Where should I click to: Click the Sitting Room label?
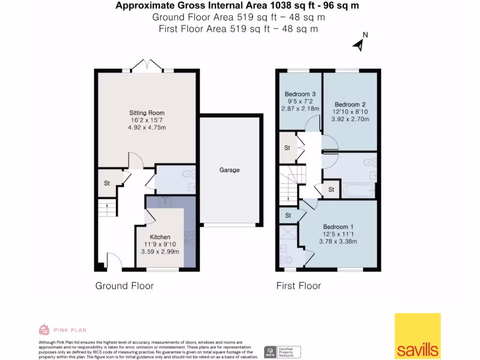pos(147,113)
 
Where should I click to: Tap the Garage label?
pos(229,170)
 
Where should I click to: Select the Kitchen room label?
pos(160,237)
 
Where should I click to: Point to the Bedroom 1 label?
pos(336,227)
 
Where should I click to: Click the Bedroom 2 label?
pos(350,105)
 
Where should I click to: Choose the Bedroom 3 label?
pos(300,94)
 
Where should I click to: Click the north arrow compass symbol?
pos(360,43)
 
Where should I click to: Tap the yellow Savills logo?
pos(417,336)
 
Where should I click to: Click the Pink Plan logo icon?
pos(44,330)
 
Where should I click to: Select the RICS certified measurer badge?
pos(282,352)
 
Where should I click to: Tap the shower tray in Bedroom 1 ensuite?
pos(288,233)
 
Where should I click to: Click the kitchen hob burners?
pos(190,239)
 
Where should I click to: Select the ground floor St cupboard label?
pos(107,183)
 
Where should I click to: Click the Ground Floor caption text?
pos(124,286)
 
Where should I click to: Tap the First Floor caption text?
pos(299,286)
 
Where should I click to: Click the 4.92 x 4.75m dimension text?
pos(147,127)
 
